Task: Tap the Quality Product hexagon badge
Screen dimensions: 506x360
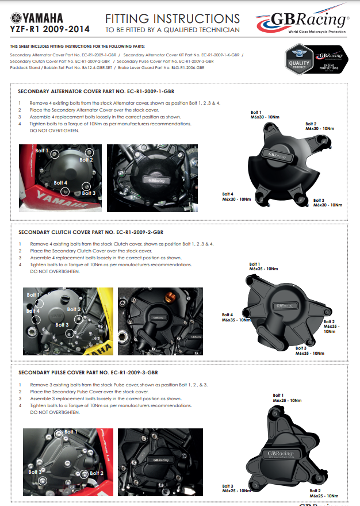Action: [x=298, y=59]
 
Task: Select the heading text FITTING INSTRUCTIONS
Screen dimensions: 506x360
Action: [x=172, y=18]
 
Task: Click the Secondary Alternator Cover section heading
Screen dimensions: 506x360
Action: [x=96, y=91]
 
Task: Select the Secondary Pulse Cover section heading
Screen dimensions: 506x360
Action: [x=88, y=373]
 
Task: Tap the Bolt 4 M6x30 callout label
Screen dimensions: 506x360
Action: [x=236, y=196]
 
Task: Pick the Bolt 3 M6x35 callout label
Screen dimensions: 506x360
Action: [x=310, y=350]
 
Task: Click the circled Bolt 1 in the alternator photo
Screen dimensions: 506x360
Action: [x=54, y=154]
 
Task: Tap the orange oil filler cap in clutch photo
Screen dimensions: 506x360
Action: [x=170, y=299]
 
